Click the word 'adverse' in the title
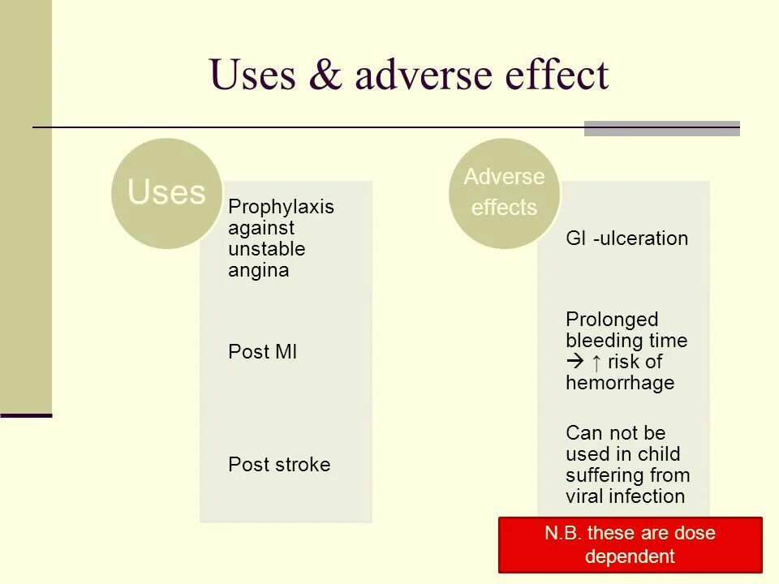coord(412,75)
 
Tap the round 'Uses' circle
coord(166,192)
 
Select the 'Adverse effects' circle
coord(504,192)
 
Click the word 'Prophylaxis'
coord(281,207)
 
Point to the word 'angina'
coord(258,270)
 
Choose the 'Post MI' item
coord(262,351)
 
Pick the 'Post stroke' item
coord(279,465)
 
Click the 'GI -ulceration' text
coord(626,238)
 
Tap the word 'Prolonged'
coord(612,320)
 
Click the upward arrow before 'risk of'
coord(596,362)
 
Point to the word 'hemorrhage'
coord(620,383)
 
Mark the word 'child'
coord(658,454)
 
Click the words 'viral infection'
coord(625,496)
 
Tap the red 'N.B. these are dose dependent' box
coord(630,545)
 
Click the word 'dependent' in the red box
coord(630,556)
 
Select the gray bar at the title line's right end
coord(661,128)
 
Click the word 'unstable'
coord(266,249)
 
